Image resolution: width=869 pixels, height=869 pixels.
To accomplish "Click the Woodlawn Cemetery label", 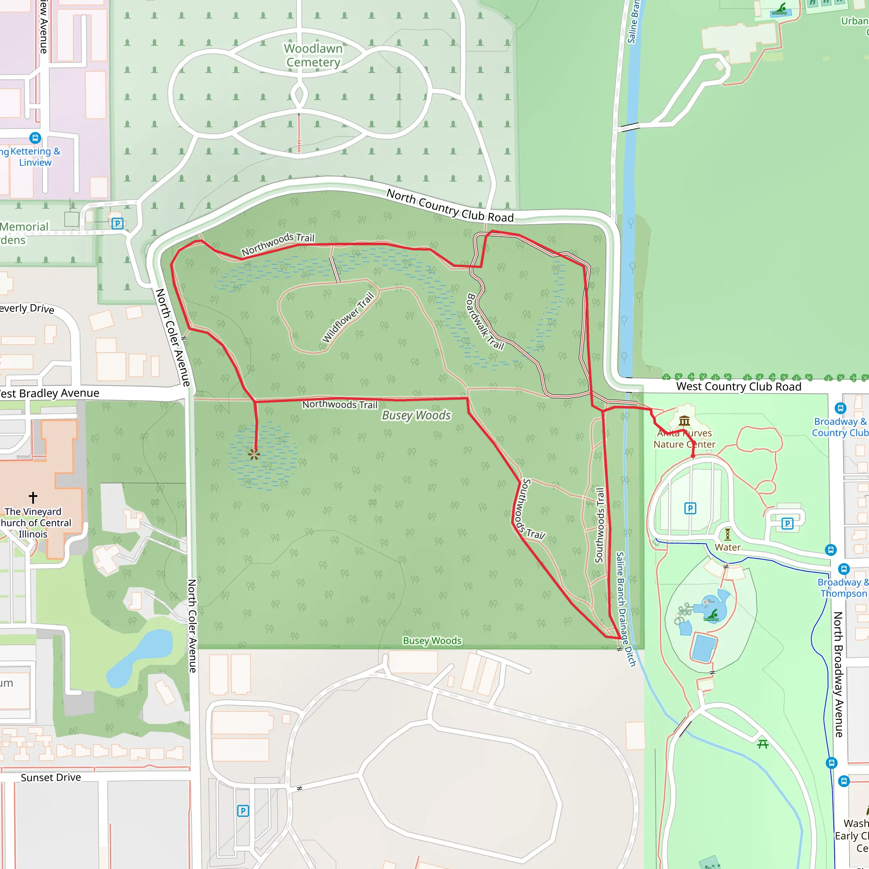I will point(313,55).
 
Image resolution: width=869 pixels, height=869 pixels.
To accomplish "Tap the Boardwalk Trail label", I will point(485,321).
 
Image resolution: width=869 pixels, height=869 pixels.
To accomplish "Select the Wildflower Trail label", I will point(348,317).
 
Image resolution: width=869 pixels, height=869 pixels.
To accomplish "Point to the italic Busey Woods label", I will point(416,415).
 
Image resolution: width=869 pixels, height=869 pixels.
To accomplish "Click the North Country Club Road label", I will point(450,206).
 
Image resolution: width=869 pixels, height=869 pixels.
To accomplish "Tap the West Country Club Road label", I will point(739,387).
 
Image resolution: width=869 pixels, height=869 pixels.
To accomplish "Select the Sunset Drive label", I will point(51,778).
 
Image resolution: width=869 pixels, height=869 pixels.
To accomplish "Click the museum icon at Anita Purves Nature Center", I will point(684,421).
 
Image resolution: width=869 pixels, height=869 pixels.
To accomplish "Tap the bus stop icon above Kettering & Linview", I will point(35,137).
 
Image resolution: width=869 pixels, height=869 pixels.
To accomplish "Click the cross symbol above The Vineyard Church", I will point(33,497).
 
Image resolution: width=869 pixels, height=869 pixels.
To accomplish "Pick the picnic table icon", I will point(762,744).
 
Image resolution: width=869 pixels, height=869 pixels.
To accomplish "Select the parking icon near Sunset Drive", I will point(243,811).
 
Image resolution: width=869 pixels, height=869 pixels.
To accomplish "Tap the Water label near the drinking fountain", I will point(727,547).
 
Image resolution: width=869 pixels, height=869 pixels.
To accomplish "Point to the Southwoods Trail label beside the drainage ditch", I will point(600,525).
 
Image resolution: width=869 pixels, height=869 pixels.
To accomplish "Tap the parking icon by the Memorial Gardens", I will point(118,224).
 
